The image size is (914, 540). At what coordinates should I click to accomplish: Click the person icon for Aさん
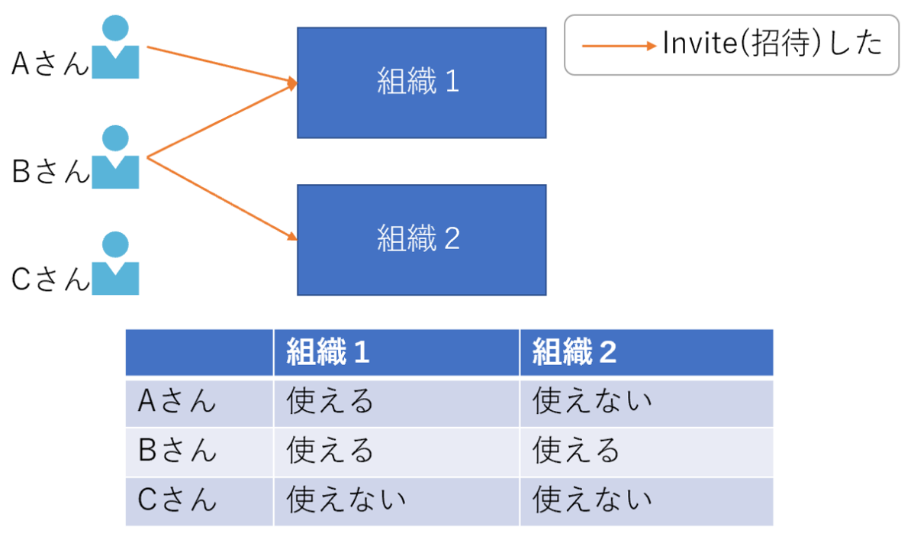[x=115, y=49]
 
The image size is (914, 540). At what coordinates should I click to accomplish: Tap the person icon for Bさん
[x=115, y=158]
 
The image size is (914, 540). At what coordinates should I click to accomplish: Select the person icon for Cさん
[x=115, y=264]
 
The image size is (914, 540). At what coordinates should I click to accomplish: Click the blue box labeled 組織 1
[x=421, y=82]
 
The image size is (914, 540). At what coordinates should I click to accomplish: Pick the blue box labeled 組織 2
[x=421, y=239]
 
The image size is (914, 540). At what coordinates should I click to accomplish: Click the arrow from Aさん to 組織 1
[x=221, y=65]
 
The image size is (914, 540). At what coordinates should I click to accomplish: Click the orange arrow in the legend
[x=619, y=46]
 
